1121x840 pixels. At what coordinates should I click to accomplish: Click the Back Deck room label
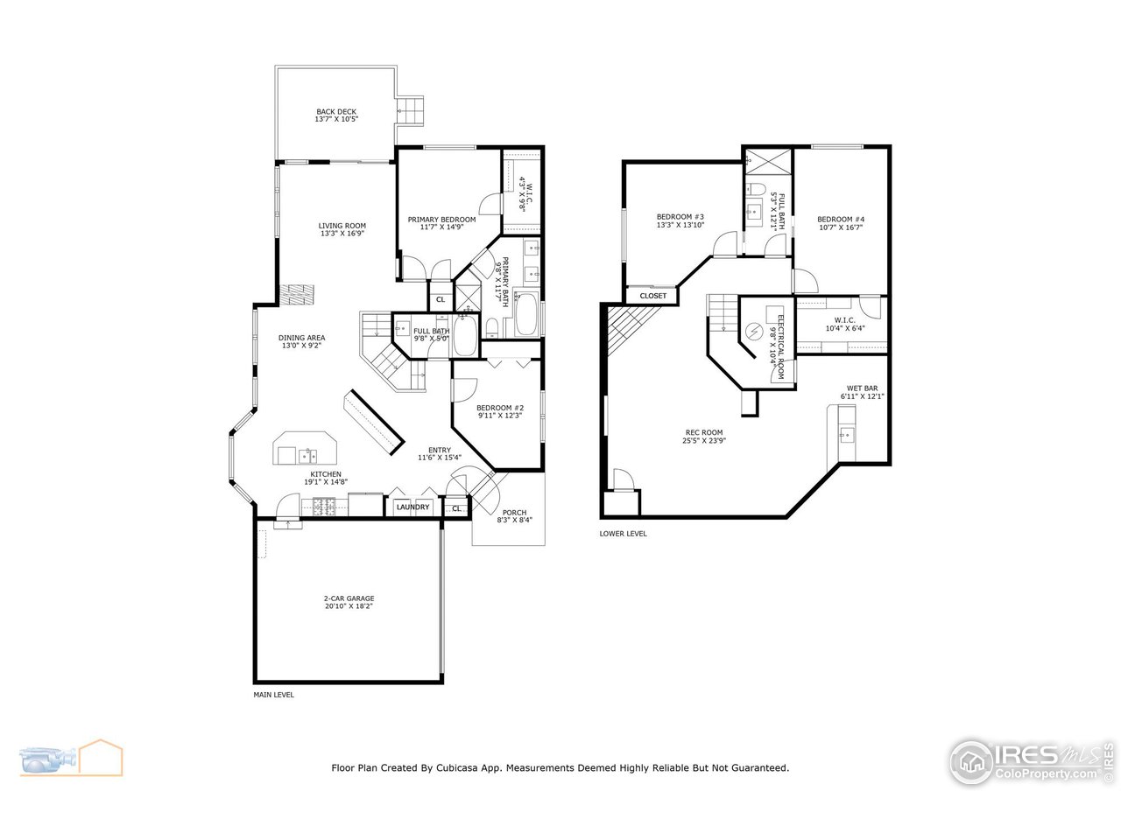(x=336, y=115)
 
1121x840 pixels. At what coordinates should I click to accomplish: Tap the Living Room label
(x=342, y=229)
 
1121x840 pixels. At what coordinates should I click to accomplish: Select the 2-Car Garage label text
(x=349, y=602)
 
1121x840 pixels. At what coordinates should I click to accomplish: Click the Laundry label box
(x=412, y=507)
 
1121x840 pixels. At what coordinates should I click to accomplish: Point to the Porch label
(x=514, y=516)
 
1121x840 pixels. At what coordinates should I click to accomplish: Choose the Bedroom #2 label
(x=499, y=411)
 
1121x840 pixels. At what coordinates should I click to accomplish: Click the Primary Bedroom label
(x=441, y=223)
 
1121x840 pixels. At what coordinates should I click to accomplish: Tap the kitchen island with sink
(x=305, y=450)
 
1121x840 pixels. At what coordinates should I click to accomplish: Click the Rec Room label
(x=704, y=436)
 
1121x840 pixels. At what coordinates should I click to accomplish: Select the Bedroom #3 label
(x=680, y=221)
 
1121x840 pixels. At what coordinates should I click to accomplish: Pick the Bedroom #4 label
(x=841, y=223)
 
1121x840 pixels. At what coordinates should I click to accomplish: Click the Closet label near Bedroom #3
(x=652, y=296)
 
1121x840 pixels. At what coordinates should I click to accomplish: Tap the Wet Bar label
(x=862, y=392)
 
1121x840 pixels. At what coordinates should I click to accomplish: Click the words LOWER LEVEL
(x=623, y=533)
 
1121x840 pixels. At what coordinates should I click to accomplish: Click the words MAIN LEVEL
(x=273, y=695)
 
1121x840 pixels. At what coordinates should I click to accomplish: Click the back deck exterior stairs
(x=412, y=109)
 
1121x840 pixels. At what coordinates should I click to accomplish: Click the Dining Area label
(x=302, y=341)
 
